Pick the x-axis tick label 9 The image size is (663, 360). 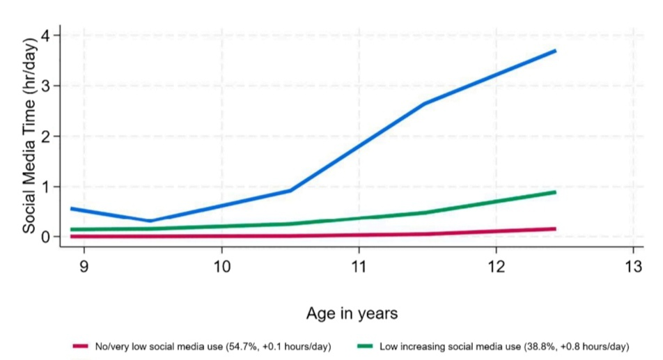pyautogui.click(x=84, y=267)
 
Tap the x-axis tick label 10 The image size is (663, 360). pyautogui.click(x=221, y=267)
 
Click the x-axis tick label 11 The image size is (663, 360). pyautogui.click(x=358, y=267)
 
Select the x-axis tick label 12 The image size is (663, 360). pyautogui.click(x=495, y=267)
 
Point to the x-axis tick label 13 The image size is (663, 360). pyautogui.click(x=632, y=267)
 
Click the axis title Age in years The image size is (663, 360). pyautogui.click(x=352, y=313)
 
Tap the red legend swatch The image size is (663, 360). pyautogui.click(x=81, y=346)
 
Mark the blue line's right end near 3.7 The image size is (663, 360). pyautogui.click(x=555, y=51)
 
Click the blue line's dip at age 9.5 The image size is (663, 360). pyautogui.click(x=150, y=221)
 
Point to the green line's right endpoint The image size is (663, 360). pyautogui.click(x=555, y=191)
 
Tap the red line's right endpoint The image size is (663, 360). pyautogui.click(x=555, y=228)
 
